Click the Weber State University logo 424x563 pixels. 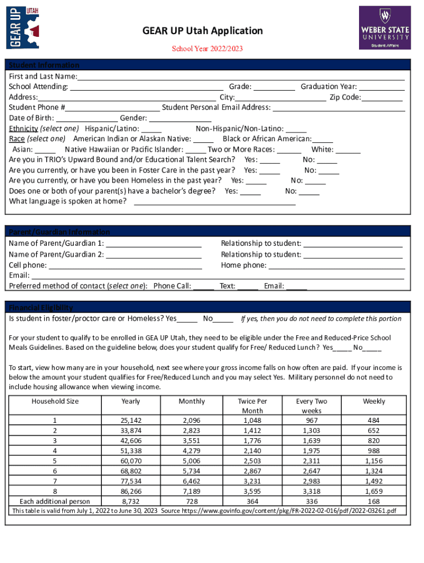[x=384, y=27]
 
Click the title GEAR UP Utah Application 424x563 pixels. [x=203, y=31]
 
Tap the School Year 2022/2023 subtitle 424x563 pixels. [x=207, y=49]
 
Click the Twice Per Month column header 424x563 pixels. [x=252, y=406]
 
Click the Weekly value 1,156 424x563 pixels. [x=374, y=461]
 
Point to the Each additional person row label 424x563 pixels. [x=55, y=501]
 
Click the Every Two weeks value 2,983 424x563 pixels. [x=312, y=481]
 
